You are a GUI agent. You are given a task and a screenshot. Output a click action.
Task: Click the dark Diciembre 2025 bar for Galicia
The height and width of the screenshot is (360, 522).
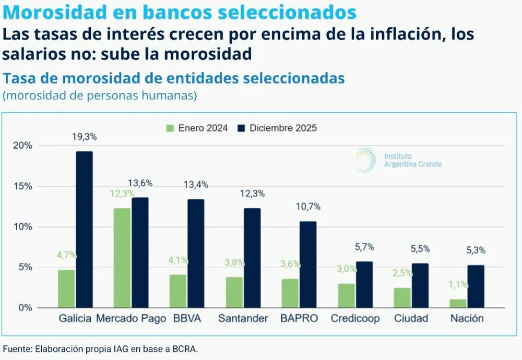coord(84,230)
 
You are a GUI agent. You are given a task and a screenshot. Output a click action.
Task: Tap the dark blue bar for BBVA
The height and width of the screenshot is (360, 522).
coord(196,254)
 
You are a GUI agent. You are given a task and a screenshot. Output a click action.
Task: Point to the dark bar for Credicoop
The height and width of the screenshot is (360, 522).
coord(364,284)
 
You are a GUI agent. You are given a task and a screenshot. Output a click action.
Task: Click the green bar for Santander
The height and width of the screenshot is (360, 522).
coord(234,292)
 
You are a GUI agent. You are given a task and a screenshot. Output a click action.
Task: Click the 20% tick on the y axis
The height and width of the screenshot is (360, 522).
coord(24,146)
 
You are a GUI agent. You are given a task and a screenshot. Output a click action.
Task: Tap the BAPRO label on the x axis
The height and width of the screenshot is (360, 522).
coord(299,318)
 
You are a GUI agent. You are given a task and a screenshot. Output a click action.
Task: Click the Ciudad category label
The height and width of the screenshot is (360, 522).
coord(411,318)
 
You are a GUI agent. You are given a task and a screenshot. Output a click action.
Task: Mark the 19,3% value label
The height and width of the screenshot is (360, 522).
coord(84,137)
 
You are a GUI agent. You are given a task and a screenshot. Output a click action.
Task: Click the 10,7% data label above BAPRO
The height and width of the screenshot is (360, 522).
coord(308,207)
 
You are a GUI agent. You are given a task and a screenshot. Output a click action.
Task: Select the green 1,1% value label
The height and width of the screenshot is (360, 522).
coord(458,285)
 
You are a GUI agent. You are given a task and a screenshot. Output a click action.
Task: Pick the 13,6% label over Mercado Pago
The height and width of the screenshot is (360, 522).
coord(140,183)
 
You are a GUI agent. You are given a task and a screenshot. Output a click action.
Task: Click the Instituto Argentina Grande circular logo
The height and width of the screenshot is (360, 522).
coord(365,160)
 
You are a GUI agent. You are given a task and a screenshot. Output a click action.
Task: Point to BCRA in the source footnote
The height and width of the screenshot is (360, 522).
coord(186,349)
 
